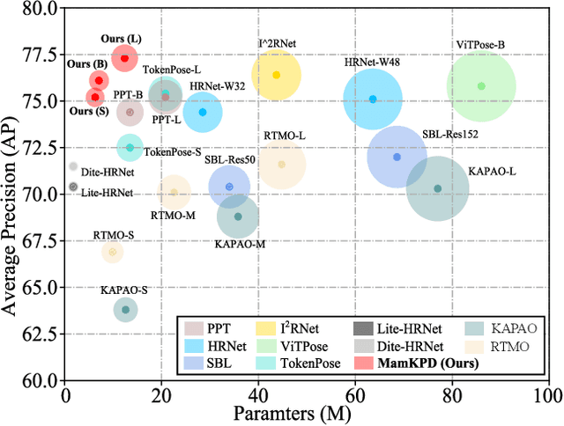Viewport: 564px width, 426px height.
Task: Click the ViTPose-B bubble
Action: (481, 86)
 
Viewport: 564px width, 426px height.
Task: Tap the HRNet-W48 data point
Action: (373, 99)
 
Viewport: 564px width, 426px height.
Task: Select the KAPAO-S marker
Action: (125, 309)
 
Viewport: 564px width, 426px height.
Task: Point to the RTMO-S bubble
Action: (112, 253)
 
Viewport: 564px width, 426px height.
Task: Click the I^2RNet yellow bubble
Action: (276, 75)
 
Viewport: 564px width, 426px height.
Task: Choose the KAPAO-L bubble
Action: (437, 188)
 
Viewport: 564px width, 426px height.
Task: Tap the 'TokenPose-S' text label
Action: (172, 152)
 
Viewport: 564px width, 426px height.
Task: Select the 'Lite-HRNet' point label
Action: (108, 192)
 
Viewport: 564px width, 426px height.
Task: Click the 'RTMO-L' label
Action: (285, 136)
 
